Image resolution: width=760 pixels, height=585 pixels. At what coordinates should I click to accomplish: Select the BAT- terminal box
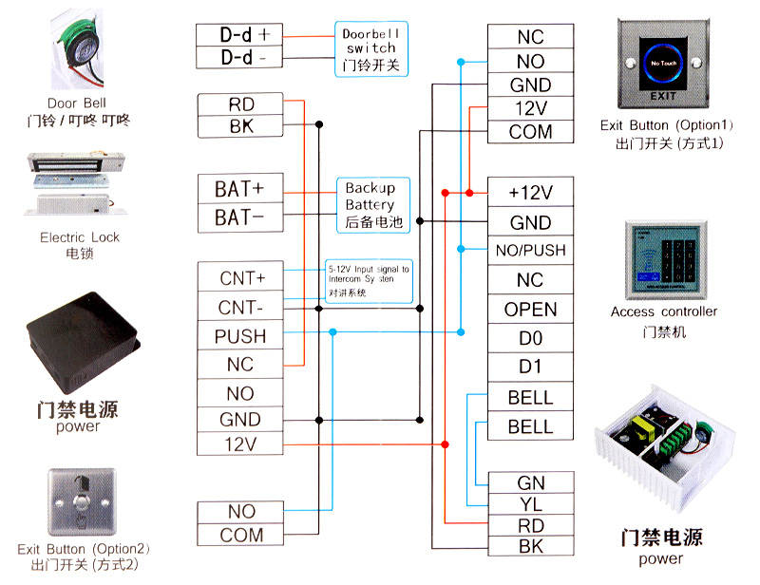click(238, 217)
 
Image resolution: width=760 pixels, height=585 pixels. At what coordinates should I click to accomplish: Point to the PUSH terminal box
click(240, 336)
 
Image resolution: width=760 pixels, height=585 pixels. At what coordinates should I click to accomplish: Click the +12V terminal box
click(530, 193)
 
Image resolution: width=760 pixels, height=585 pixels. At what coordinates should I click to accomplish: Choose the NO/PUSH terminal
click(530, 251)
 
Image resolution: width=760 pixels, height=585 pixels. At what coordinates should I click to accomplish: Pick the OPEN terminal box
click(530, 310)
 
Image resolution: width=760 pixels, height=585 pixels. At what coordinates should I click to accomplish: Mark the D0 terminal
click(530, 338)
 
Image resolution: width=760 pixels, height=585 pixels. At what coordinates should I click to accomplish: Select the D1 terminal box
click(530, 368)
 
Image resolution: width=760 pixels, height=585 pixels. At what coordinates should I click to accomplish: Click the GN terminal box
click(530, 483)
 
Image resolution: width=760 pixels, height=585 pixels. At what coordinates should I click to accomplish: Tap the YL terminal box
click(530, 504)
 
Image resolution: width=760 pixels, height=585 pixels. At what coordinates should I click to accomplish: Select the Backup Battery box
click(370, 204)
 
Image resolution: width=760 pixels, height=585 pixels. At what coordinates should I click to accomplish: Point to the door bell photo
click(76, 47)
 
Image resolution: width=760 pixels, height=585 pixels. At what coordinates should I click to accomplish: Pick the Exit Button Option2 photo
click(80, 503)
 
